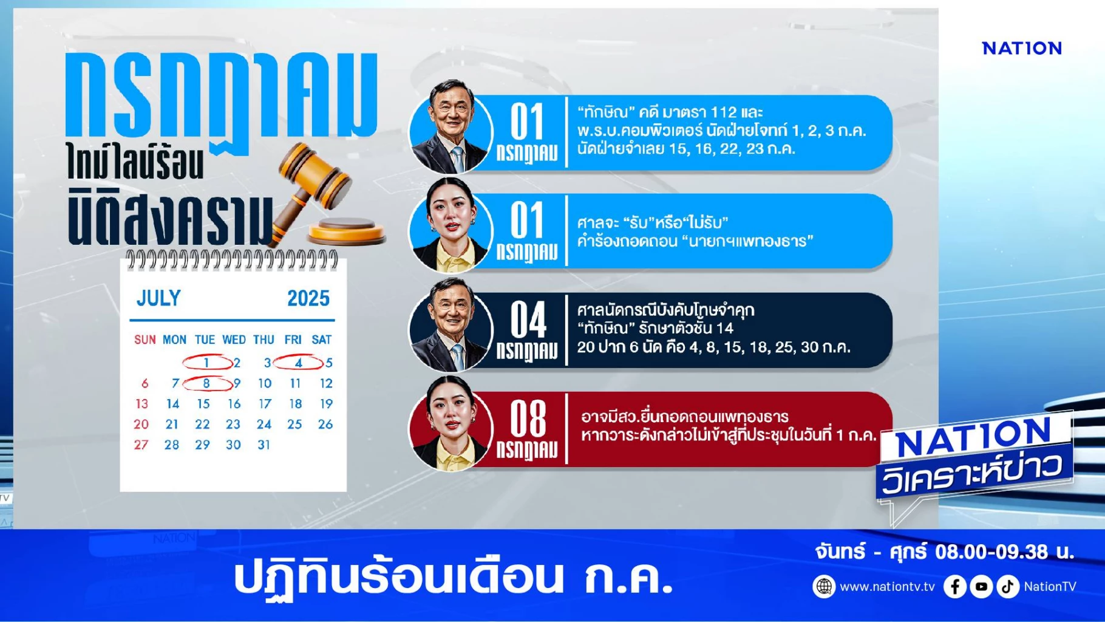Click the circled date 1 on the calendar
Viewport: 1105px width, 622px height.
[206, 363]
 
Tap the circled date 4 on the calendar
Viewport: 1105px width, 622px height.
[298, 363]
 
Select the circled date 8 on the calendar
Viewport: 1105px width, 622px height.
[206, 383]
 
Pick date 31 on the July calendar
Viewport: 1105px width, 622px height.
[263, 445]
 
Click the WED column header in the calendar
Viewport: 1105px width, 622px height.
[234, 340]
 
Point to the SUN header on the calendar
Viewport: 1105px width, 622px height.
[145, 340]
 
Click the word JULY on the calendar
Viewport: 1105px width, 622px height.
[158, 298]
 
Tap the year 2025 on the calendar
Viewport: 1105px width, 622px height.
[308, 298]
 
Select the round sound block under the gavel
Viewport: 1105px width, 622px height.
[347, 230]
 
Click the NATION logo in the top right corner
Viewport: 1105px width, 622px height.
[1022, 49]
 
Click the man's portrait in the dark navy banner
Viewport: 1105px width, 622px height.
[450, 326]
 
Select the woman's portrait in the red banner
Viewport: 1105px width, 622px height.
[450, 425]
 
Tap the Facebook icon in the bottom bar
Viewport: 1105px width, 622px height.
[955, 587]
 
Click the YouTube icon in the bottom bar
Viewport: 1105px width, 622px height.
[981, 587]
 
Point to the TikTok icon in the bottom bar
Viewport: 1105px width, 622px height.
[1008, 587]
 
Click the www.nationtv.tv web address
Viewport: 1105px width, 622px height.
[887, 587]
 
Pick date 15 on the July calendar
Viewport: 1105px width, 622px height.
[203, 404]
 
